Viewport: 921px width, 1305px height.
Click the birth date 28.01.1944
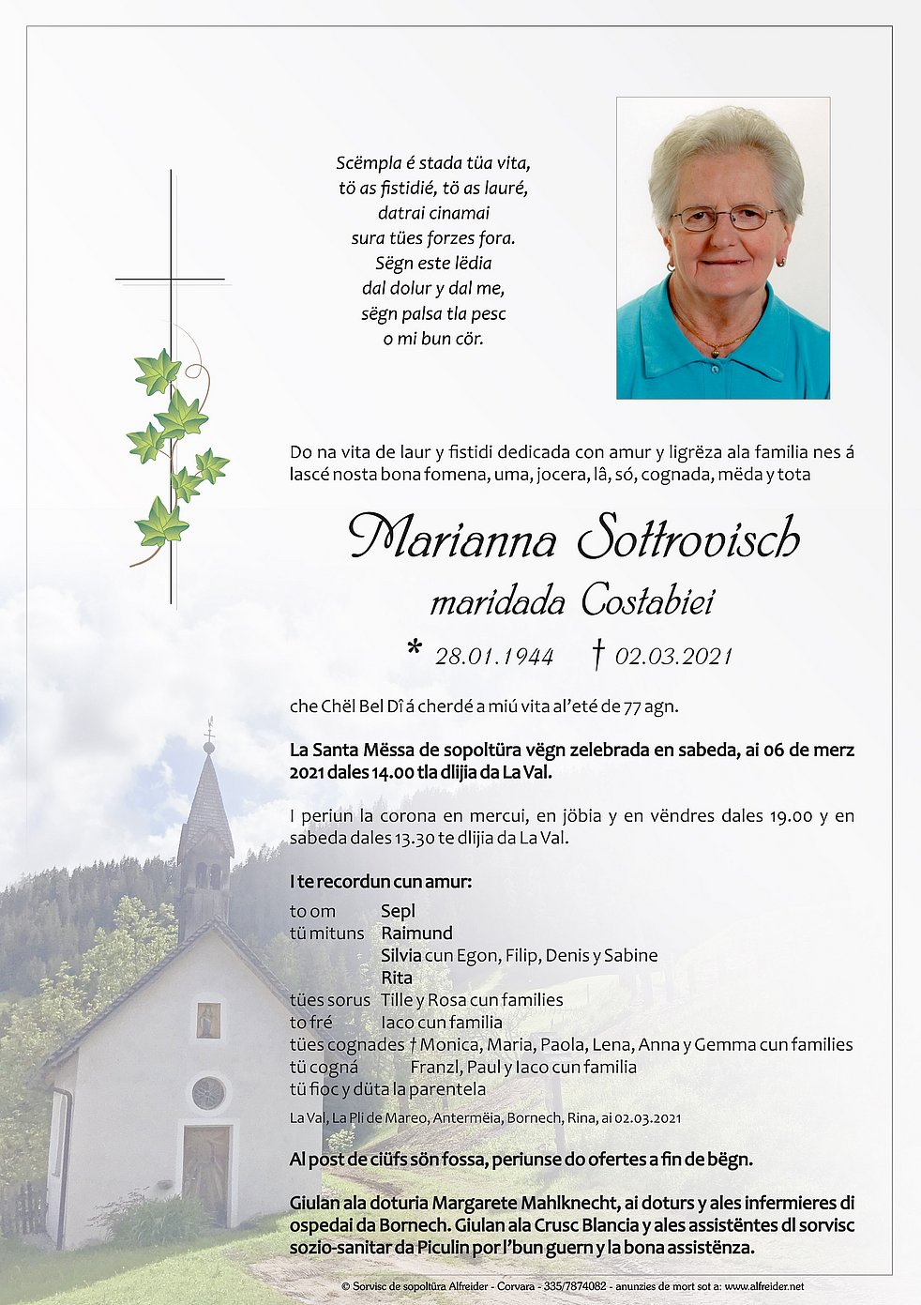[x=494, y=656]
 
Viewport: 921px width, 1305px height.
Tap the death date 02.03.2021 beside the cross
[x=673, y=656]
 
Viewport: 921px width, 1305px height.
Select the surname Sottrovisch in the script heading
[x=688, y=539]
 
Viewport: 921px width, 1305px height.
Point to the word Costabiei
[x=647, y=600]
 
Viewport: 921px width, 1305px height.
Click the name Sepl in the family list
[x=398, y=911]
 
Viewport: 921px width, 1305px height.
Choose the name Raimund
[x=416, y=933]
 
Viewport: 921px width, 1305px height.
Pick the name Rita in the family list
[x=397, y=978]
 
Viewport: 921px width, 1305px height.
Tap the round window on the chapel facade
[x=208, y=1093]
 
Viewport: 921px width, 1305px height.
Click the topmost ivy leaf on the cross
[x=157, y=372]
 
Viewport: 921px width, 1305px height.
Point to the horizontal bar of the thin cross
[x=171, y=280]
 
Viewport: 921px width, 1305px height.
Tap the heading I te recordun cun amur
[x=381, y=882]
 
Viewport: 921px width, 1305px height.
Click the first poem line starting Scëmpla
[x=433, y=162]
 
